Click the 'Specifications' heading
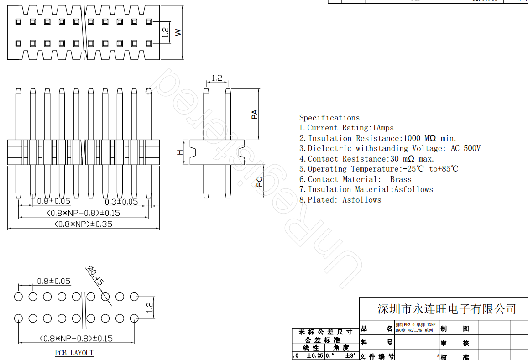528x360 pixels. (x=329, y=118)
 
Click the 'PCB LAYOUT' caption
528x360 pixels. (x=74, y=353)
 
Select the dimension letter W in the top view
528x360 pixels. (x=179, y=32)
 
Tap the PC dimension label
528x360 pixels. (x=259, y=182)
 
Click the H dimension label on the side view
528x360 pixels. (x=180, y=152)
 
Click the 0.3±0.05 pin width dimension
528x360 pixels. (x=121, y=201)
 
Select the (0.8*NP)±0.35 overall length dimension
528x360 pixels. (x=83, y=224)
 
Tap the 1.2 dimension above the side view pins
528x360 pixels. (x=217, y=78)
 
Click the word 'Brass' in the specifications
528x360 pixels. (x=400, y=179)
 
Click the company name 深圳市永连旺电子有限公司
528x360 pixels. (x=446, y=309)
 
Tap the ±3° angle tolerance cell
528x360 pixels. (x=350, y=355)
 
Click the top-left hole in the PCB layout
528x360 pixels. (x=18, y=297)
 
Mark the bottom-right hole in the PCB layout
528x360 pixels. (x=134, y=318)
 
